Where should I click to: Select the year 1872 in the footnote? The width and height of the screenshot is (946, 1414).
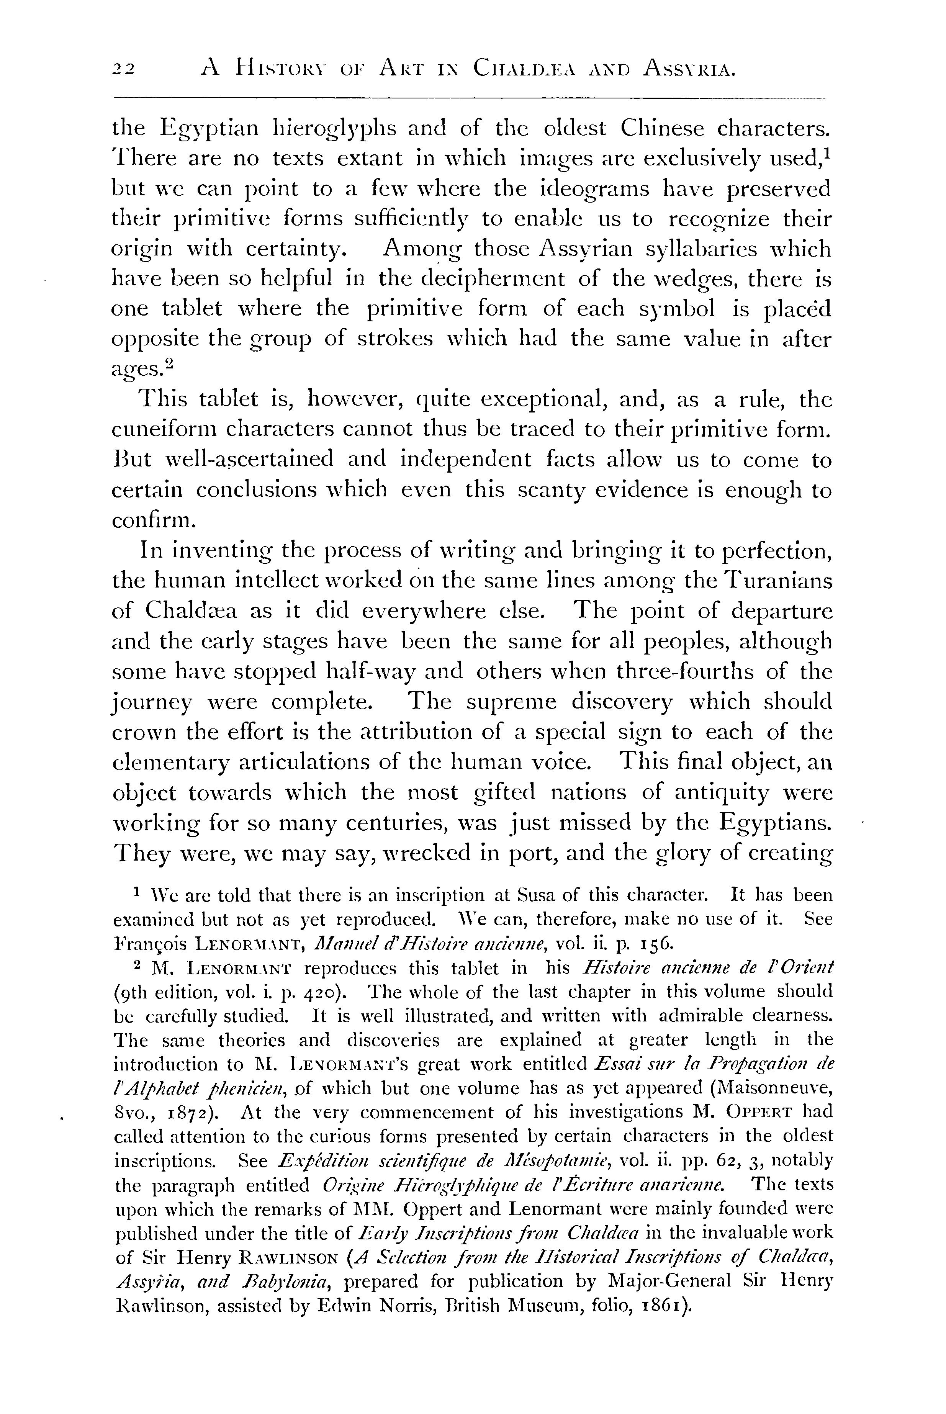tap(191, 1112)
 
